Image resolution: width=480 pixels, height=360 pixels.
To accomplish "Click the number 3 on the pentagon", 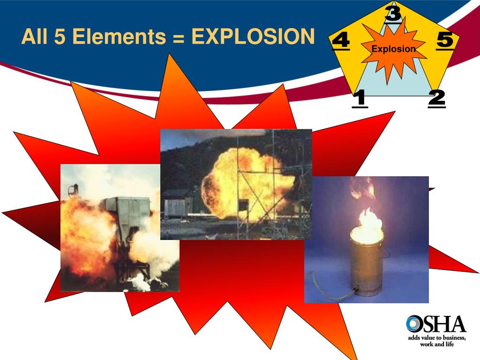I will point(393,13).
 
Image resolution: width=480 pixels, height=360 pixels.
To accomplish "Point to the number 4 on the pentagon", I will point(340,41).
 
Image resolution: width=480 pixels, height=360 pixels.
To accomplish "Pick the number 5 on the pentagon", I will point(445,40).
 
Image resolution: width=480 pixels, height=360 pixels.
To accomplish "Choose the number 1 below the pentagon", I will point(360,98).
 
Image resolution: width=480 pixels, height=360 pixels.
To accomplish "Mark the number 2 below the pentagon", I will point(436,98).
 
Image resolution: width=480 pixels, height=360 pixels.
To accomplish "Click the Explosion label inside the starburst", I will point(393,49).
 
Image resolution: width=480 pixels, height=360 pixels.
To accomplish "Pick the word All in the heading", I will point(35,37).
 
